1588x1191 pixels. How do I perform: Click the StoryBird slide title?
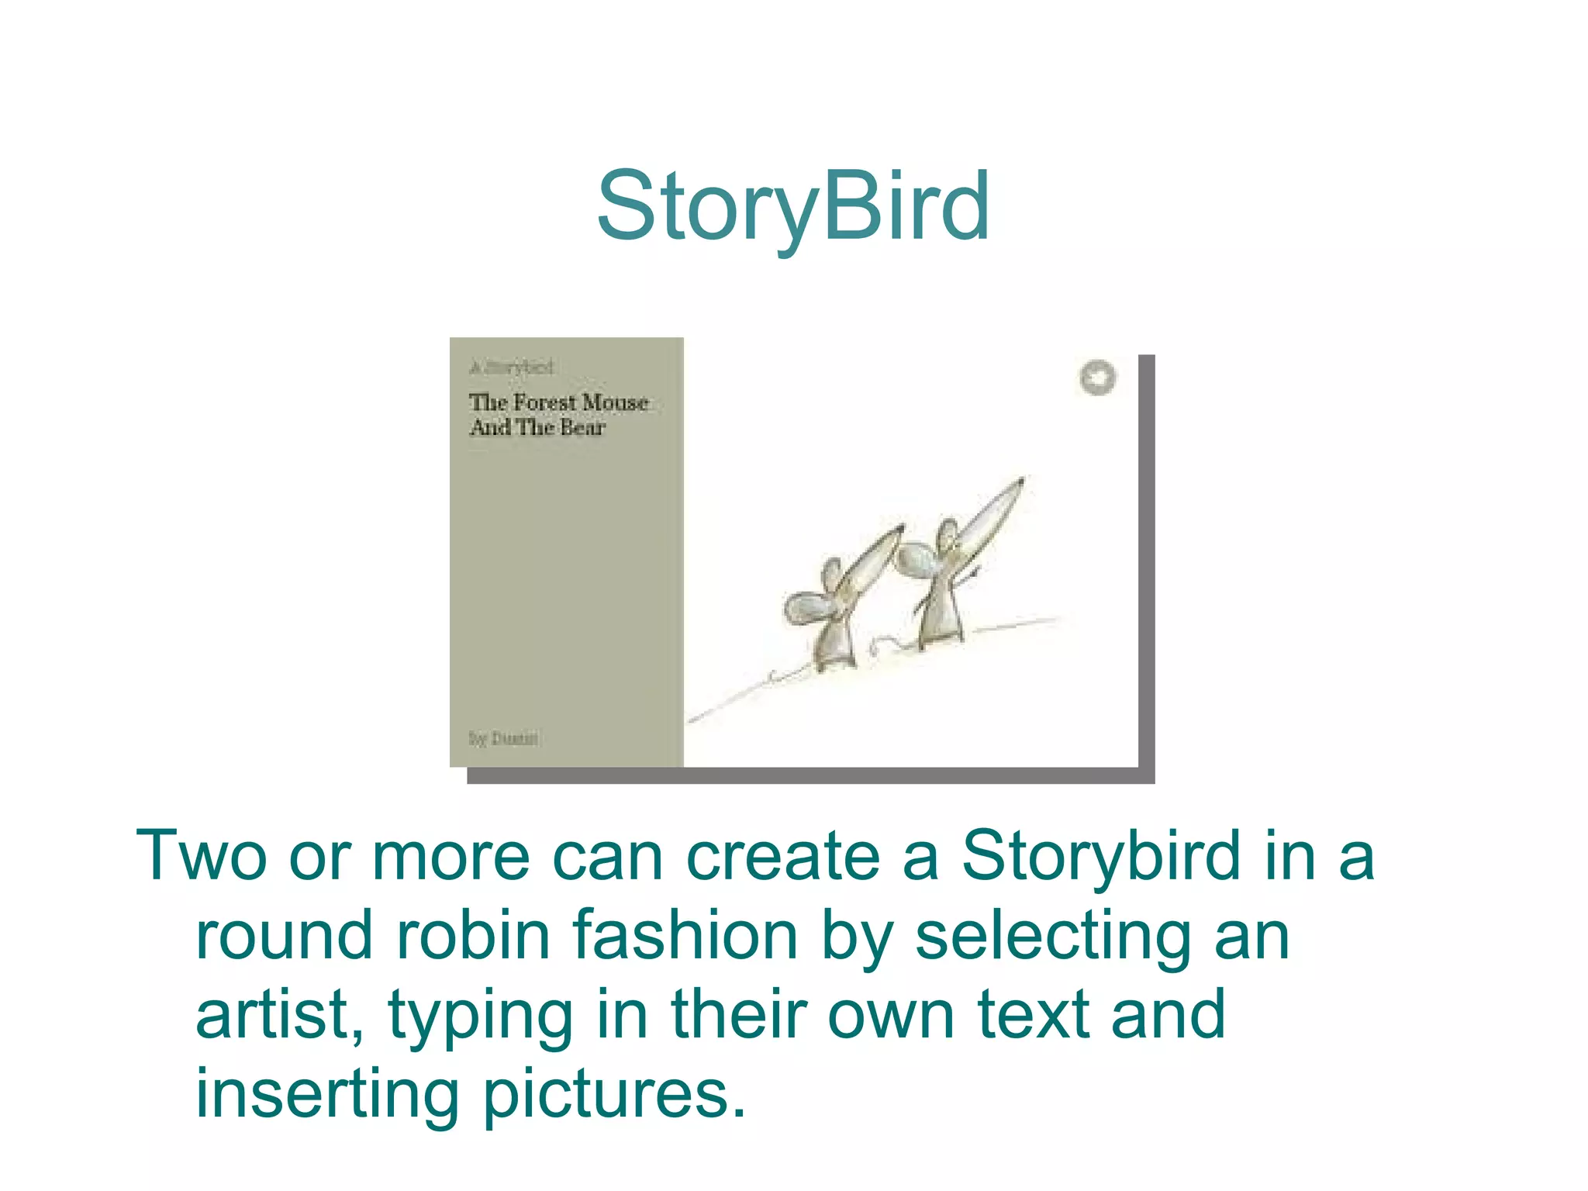tap(792, 207)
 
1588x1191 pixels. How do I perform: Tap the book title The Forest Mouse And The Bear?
tap(558, 415)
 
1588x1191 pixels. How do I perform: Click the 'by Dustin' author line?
tap(503, 738)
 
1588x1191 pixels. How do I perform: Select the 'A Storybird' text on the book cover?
tap(512, 367)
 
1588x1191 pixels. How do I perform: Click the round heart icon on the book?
tap(1097, 378)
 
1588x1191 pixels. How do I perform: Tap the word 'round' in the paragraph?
tap(285, 936)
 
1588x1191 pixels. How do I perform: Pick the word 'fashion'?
tap(685, 936)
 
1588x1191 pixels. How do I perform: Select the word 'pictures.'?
tap(614, 1096)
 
